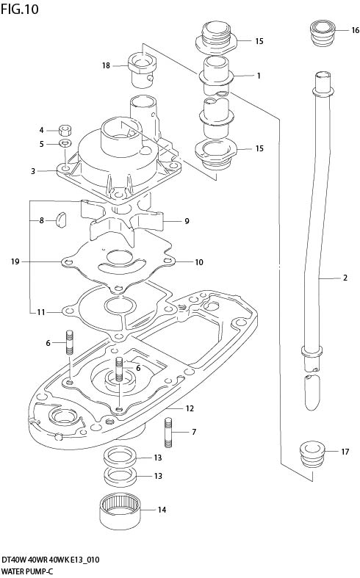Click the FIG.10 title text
point(20,10)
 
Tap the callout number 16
point(355,30)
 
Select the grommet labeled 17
point(312,455)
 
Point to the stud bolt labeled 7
point(168,433)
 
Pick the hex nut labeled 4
point(65,130)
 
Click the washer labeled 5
point(65,142)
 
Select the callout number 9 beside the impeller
point(187,221)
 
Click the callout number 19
point(15,262)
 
